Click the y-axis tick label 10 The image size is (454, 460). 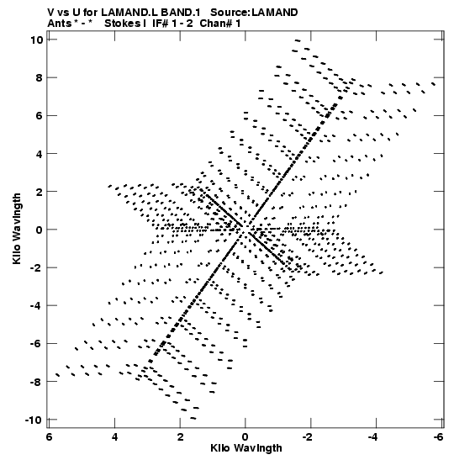[37, 40]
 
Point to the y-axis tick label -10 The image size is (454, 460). [34, 420]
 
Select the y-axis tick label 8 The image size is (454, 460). [40, 77]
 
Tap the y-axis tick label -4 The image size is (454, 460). [37, 306]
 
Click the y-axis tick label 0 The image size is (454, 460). [40, 230]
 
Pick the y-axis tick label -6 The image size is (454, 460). [37, 344]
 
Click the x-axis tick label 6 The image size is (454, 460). [50, 437]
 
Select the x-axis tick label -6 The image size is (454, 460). [439, 437]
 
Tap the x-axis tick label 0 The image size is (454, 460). [245, 437]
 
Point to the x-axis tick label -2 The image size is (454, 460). [308, 437]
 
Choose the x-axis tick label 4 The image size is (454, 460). [114, 437]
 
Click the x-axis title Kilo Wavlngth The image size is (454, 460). [246, 448]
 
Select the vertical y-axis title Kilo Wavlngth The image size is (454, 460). [17, 229]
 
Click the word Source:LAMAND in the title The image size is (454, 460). [254, 13]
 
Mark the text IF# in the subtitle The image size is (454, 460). [161, 24]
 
